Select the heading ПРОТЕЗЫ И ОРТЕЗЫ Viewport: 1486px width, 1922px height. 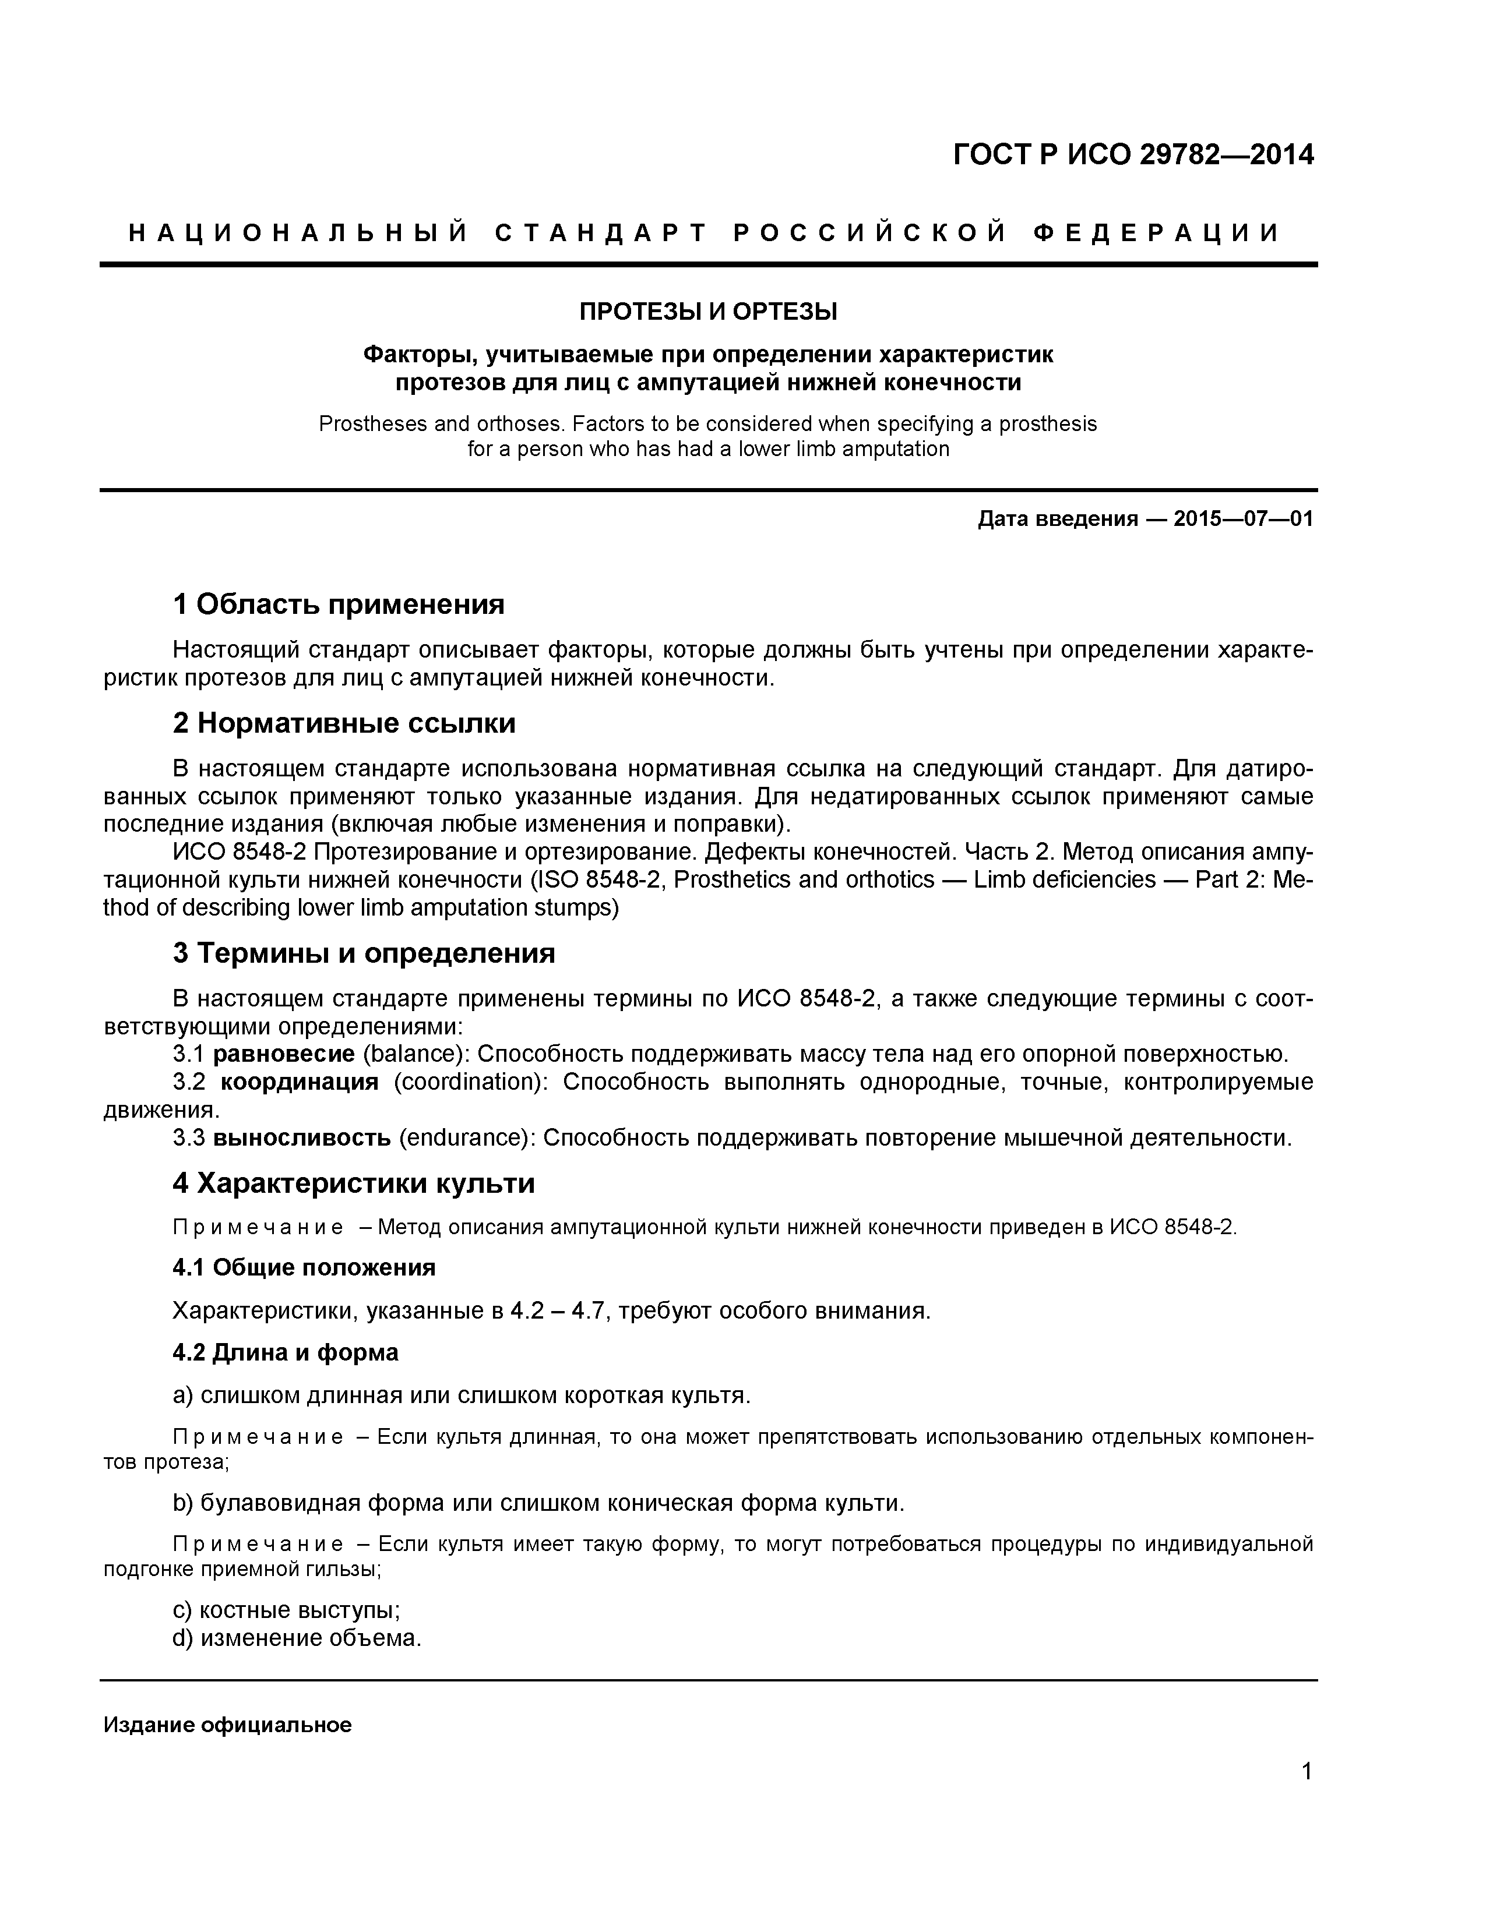coord(708,312)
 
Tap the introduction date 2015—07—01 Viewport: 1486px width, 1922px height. coord(1243,518)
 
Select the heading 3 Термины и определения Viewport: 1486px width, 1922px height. coord(364,953)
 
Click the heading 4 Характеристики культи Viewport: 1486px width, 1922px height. coord(353,1183)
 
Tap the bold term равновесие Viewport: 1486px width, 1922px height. coord(283,1054)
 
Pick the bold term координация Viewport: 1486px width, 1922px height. coord(300,1082)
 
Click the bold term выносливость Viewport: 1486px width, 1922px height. coord(302,1138)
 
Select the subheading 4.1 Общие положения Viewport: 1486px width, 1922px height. coord(304,1267)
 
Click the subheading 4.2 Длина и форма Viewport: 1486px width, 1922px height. coord(285,1352)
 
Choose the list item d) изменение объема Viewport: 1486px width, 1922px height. coord(297,1638)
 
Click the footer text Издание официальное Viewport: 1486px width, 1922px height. coord(227,1725)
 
